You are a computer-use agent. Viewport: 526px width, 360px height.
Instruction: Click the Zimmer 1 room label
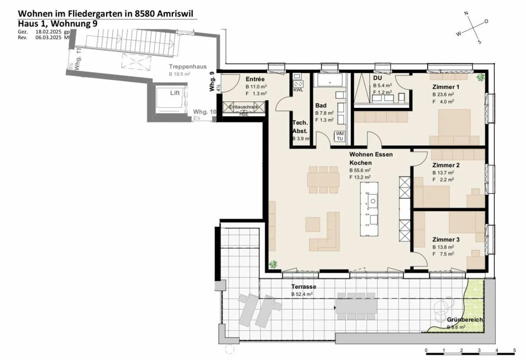446,87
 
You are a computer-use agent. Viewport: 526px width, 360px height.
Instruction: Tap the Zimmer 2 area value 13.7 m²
443,173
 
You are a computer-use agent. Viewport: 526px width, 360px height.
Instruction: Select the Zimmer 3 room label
446,240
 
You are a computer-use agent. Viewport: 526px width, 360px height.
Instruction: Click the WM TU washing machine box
340,136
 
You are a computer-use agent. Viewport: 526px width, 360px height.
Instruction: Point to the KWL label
298,90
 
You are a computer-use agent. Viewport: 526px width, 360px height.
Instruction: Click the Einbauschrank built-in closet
244,107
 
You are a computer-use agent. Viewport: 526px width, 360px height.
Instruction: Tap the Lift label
175,93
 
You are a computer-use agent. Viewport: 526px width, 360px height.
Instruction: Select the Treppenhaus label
187,67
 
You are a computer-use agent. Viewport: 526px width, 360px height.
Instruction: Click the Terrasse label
304,287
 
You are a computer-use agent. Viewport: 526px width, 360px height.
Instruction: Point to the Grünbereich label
465,320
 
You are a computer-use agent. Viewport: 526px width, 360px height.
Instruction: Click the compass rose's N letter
466,14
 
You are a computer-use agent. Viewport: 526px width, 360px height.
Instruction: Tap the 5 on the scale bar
514,350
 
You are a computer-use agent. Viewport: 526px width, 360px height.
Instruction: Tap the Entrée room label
255,79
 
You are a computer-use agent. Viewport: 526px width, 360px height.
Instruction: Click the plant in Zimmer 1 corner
480,77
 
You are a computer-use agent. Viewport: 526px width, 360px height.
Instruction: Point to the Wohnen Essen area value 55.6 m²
360,170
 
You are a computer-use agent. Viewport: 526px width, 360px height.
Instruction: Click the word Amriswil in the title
177,14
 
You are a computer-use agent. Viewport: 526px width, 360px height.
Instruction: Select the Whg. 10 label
205,112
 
